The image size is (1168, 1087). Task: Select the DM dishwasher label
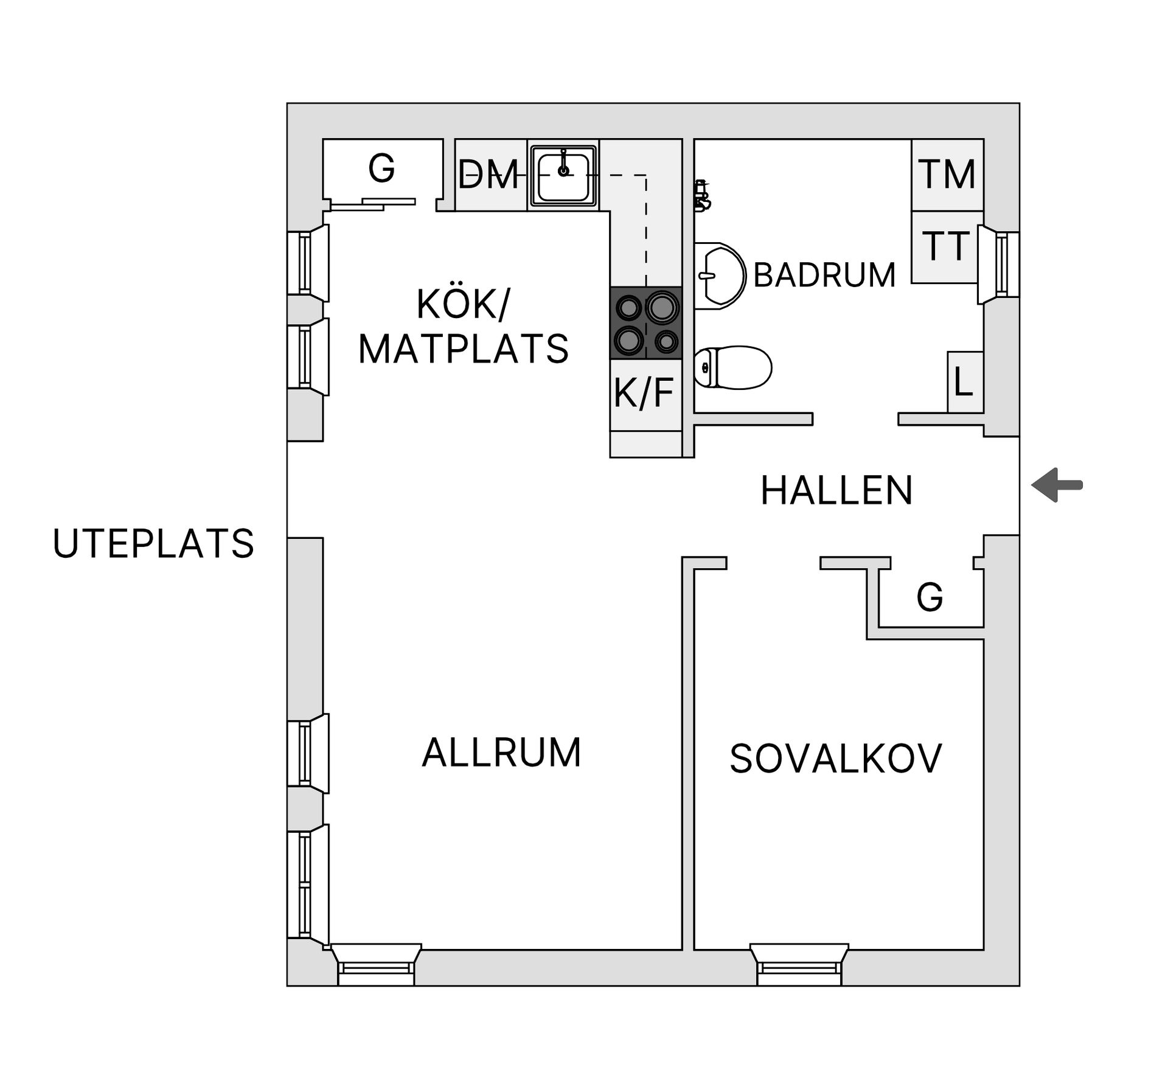point(488,175)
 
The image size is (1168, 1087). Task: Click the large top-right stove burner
point(662,307)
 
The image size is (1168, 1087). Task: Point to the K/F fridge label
point(644,393)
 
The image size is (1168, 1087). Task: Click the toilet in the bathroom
point(732,368)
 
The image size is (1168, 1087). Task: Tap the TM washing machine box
point(947,175)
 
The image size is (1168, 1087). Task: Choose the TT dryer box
point(945,246)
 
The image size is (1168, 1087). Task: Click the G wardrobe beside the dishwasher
point(382,168)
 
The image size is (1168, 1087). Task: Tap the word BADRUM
point(824,275)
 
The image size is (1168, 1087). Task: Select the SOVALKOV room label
point(835,759)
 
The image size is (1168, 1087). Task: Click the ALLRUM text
point(501,752)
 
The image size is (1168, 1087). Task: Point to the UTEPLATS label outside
point(153,543)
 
